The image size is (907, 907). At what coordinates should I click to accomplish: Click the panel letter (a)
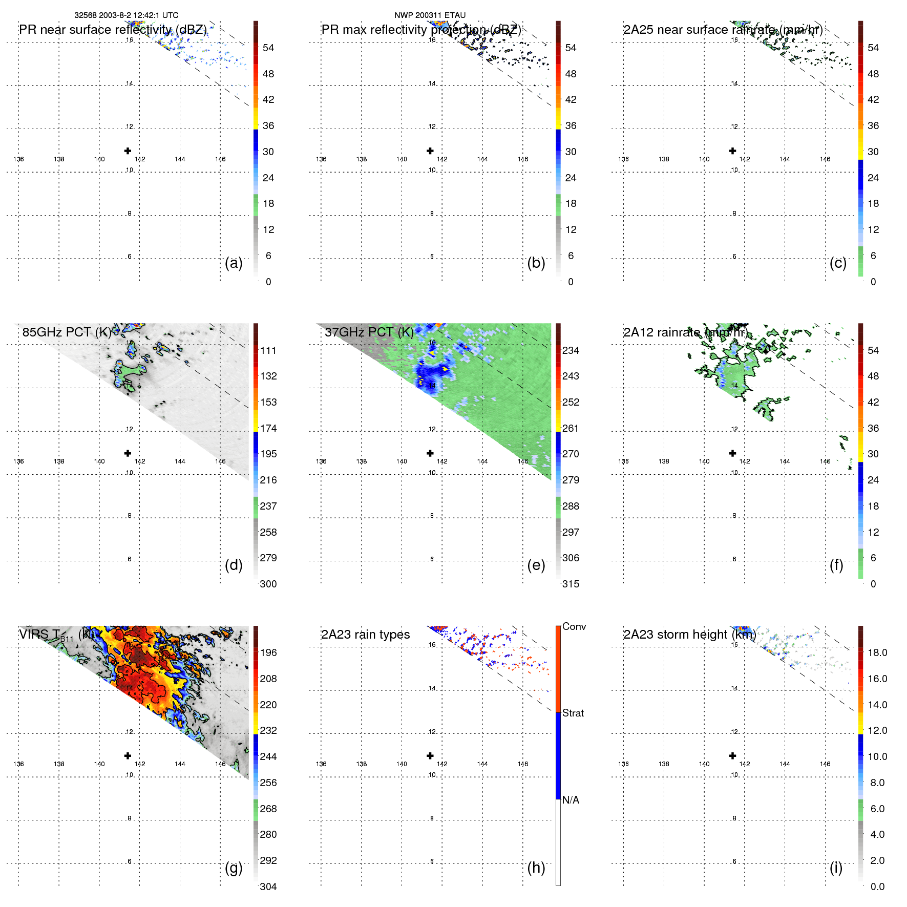234,263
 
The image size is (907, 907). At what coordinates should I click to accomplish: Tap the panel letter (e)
536,565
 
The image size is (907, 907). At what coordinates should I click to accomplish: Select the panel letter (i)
836,868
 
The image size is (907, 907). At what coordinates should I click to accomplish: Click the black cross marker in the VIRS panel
128,755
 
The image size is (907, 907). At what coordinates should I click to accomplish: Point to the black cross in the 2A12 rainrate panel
732,453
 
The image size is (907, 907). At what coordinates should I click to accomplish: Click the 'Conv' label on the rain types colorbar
574,626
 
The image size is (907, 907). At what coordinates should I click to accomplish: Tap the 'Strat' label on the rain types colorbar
573,713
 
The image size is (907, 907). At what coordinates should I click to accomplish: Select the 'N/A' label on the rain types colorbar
571,800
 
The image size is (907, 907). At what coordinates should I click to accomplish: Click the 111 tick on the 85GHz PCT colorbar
268,350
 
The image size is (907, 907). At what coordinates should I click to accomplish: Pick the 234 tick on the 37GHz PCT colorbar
571,350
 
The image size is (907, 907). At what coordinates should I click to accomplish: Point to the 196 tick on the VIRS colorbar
268,652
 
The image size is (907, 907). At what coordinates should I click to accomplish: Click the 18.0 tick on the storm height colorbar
877,652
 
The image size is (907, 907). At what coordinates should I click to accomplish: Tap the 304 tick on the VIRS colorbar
268,887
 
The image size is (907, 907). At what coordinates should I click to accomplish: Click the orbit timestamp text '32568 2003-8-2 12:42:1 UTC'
126,15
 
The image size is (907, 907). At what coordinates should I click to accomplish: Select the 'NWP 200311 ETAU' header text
430,15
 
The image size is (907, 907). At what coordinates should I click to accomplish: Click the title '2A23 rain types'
365,635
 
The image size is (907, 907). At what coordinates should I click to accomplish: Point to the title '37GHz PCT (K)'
369,332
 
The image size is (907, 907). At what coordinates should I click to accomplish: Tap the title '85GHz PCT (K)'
67,332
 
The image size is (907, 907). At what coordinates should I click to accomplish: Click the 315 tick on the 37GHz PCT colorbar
571,584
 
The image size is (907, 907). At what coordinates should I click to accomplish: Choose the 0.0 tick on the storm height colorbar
877,887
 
